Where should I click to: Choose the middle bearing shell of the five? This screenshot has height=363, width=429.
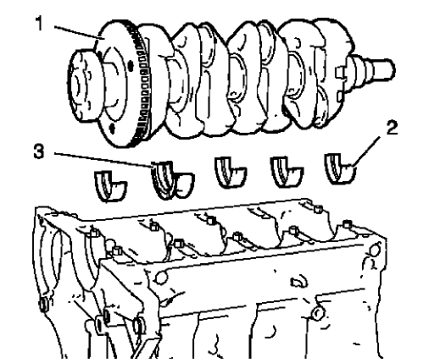point(226,172)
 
